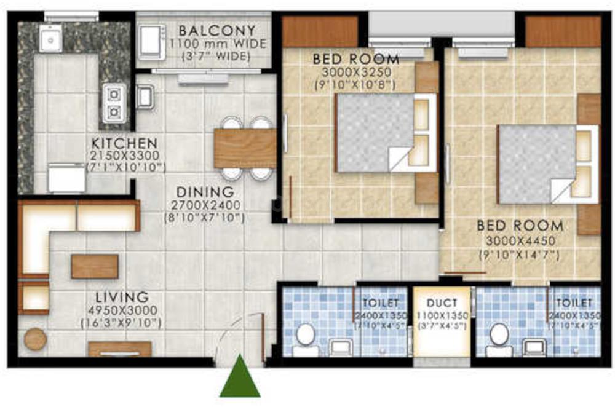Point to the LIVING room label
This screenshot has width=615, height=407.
click(122, 298)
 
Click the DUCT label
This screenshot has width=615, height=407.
click(442, 302)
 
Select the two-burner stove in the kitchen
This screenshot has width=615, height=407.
click(114, 103)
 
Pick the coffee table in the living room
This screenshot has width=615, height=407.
click(94, 266)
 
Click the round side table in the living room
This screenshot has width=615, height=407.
click(35, 339)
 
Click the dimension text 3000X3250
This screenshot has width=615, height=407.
click(355, 72)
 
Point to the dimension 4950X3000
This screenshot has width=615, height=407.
click(121, 310)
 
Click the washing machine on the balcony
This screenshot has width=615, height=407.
click(152, 42)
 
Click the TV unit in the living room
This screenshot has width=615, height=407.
click(120, 349)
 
